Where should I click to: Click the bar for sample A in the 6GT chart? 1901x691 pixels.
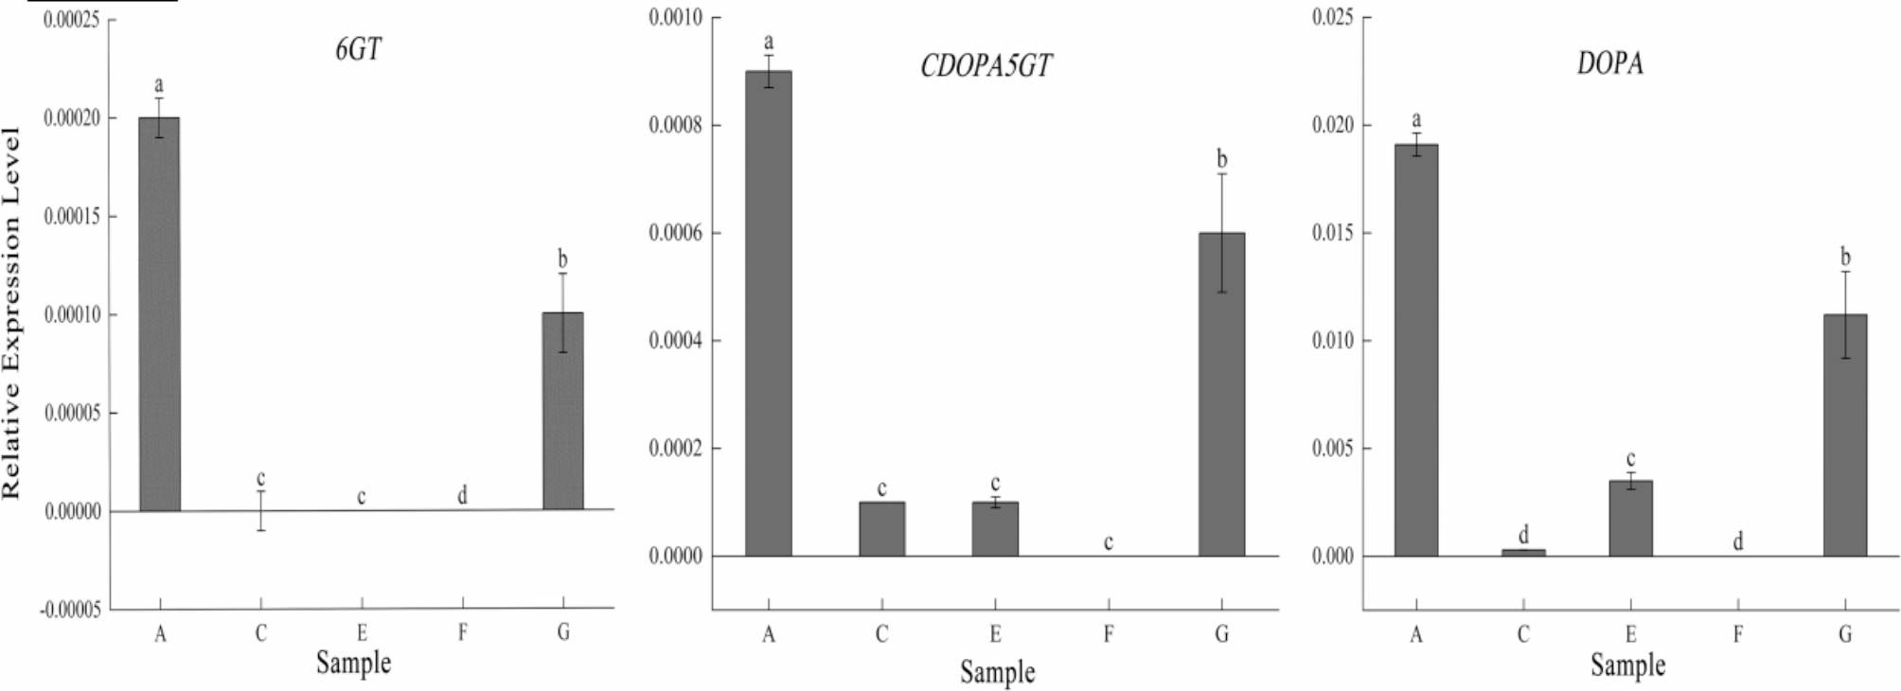[159, 314]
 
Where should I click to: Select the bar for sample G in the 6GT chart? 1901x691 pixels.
[563, 412]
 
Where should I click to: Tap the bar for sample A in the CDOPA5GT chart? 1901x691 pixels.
[768, 313]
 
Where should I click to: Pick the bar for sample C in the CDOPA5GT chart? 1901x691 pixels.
[881, 529]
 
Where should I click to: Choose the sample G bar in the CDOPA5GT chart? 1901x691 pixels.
[1221, 395]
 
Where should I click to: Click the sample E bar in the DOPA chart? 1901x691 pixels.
[1630, 519]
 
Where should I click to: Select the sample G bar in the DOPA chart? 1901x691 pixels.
[1844, 435]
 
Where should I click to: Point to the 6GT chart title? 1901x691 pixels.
[358, 49]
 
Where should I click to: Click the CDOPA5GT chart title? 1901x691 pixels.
[986, 65]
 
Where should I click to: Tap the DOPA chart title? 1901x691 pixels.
[1609, 63]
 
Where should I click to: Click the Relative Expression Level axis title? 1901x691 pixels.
[12, 312]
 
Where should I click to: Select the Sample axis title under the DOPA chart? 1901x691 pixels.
[1627, 664]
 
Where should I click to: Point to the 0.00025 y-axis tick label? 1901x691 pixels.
[72, 20]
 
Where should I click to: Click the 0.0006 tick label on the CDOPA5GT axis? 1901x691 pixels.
[675, 233]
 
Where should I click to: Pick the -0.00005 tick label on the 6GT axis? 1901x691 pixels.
[69, 611]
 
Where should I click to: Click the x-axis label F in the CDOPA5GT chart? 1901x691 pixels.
[1108, 634]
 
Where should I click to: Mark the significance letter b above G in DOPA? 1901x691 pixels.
[1844, 257]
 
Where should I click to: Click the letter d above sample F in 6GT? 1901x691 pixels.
[462, 496]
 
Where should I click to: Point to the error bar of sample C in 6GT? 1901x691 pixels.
[260, 510]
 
